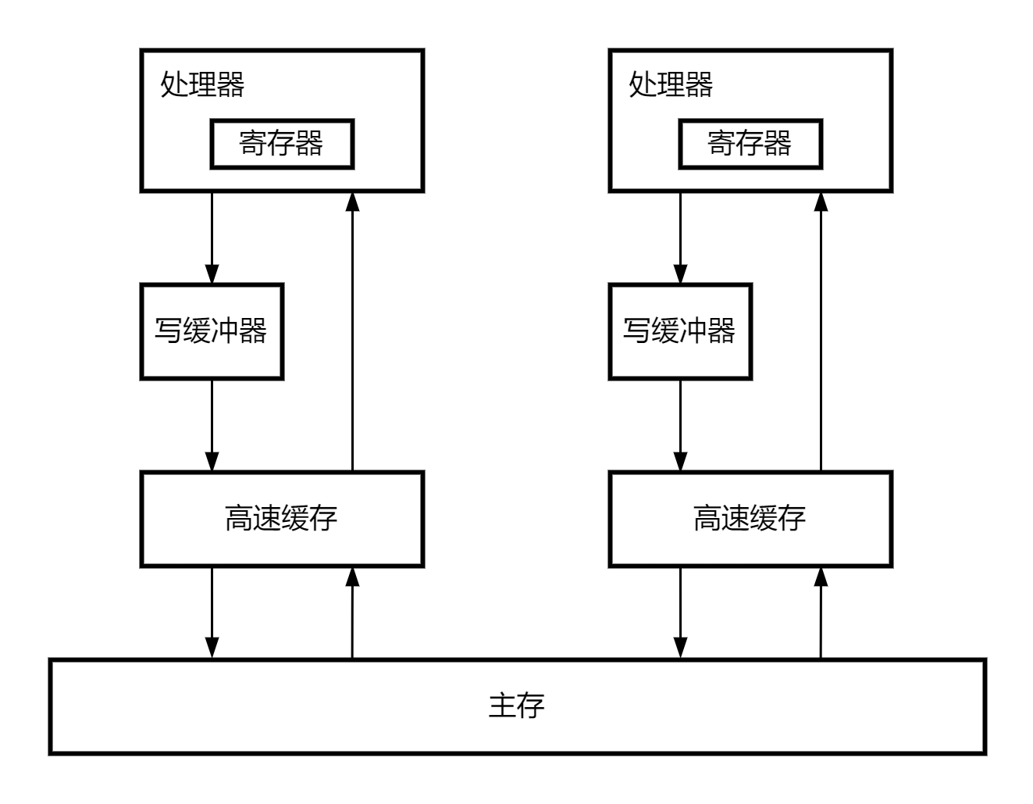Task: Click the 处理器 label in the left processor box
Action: click(202, 84)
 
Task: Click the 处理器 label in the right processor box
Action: click(671, 84)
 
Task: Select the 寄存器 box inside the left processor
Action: click(282, 144)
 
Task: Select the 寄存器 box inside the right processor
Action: click(750, 144)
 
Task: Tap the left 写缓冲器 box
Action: click(212, 331)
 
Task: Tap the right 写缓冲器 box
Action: click(680, 331)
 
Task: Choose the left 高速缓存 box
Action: click(282, 519)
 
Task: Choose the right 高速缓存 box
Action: click(750, 519)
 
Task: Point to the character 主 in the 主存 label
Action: click(502, 706)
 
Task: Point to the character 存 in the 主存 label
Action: click(531, 706)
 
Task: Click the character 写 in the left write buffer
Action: click(168, 331)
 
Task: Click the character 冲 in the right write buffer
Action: click(693, 331)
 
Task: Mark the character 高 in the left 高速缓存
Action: click(239, 518)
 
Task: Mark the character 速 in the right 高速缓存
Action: click(736, 518)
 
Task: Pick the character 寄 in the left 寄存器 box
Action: click(253, 143)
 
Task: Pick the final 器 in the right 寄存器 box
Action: click(778, 143)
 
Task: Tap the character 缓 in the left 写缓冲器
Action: click(197, 331)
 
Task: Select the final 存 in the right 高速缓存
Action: click(793, 518)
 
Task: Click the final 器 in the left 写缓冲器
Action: click(254, 331)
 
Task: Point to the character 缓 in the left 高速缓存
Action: click(296, 518)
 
